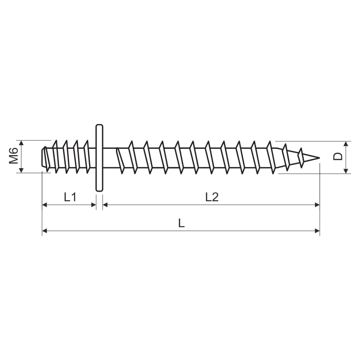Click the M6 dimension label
tap(13, 155)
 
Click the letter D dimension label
tap(338, 156)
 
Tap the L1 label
tap(70, 197)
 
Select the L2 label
tap(212, 197)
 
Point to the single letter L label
tap(181, 223)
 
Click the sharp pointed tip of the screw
tap(319, 158)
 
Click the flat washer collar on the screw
tap(99, 158)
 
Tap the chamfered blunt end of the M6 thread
tap(43, 157)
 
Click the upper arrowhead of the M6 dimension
tap(21, 143)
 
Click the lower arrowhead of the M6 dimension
tap(21, 170)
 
